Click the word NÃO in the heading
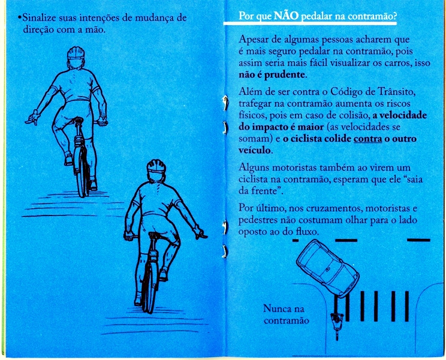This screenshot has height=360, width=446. pos(286,16)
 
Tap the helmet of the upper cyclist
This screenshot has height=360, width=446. pos(76,53)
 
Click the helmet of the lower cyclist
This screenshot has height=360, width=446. pos(156,167)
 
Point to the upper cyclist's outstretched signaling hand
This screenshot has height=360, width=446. pos(33,118)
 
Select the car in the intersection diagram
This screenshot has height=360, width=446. pos(328,268)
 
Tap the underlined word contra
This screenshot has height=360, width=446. pos(367,139)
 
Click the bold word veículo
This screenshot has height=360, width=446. pos(254,150)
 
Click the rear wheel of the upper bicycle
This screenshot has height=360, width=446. pos(82,172)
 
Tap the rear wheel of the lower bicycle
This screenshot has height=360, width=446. pos(148,287)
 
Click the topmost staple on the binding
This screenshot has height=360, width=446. pos(225,103)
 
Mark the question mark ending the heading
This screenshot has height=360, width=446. pos(394,16)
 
